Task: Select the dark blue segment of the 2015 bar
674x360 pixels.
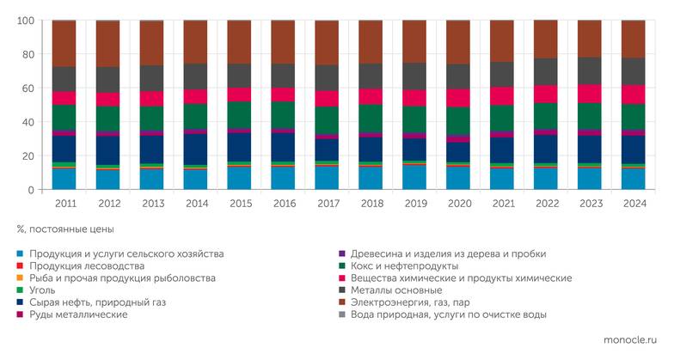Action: point(239,147)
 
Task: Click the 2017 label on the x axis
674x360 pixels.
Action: point(327,204)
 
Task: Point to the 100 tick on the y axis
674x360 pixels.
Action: point(25,21)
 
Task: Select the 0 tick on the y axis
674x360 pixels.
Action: point(31,190)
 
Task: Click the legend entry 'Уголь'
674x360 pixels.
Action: point(42,290)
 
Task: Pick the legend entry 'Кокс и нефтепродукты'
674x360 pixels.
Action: point(405,266)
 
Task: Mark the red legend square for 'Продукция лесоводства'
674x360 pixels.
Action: point(20,266)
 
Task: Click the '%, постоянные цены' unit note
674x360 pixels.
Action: point(65,230)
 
